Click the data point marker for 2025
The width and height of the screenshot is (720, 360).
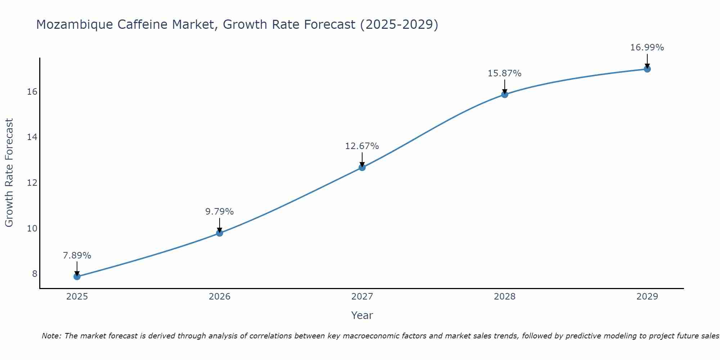click(x=77, y=276)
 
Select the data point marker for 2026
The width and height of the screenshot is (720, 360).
click(x=220, y=233)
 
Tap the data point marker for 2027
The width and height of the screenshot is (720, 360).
click(x=362, y=167)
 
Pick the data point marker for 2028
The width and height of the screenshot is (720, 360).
click(x=505, y=95)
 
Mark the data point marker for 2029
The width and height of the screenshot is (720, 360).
click(x=647, y=69)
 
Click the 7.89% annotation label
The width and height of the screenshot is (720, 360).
click(x=77, y=256)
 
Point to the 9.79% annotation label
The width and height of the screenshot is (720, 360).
click(x=220, y=212)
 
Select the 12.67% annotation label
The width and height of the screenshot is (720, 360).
click(x=362, y=146)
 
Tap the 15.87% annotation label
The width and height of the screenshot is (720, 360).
click(x=505, y=73)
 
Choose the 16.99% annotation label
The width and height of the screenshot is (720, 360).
click(x=647, y=48)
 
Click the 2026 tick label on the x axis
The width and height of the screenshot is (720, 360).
click(x=220, y=297)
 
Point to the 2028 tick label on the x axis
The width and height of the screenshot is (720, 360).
click(x=505, y=297)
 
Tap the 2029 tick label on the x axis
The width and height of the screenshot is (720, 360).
click(x=647, y=297)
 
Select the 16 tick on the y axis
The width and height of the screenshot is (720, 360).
click(x=32, y=92)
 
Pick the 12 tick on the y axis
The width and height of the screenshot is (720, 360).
click(x=32, y=183)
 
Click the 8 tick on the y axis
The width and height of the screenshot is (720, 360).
click(x=35, y=274)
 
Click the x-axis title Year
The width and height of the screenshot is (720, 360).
click(x=362, y=315)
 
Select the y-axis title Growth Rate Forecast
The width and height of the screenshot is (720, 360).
click(x=9, y=173)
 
